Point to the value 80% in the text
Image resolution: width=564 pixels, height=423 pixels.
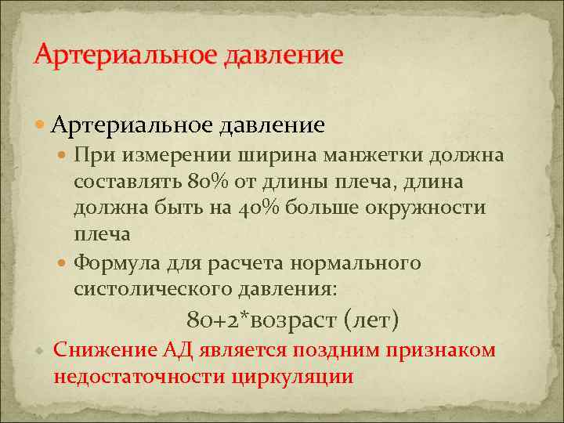click(x=207, y=182)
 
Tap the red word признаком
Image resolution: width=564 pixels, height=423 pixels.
click(x=446, y=349)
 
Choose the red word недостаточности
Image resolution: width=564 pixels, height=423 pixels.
click(x=139, y=377)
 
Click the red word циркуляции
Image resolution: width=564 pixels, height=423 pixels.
click(x=293, y=377)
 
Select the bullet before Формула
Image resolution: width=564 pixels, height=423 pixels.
click(x=64, y=264)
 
